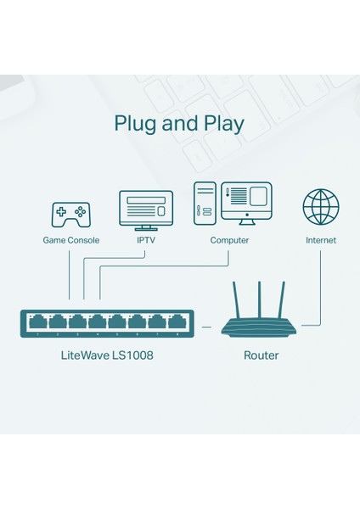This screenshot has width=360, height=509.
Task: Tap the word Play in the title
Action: tap(221, 124)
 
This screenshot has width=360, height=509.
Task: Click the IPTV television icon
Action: tap(145, 209)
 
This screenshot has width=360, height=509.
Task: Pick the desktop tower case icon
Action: tap(205, 204)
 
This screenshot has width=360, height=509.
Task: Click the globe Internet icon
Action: tap(321, 207)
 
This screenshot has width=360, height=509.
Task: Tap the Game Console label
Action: tap(71, 240)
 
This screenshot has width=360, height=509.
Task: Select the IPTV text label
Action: tap(145, 240)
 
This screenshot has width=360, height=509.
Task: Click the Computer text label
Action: tap(229, 240)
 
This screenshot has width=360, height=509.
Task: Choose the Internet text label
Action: tap(321, 240)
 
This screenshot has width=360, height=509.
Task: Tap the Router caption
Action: tap(261, 355)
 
